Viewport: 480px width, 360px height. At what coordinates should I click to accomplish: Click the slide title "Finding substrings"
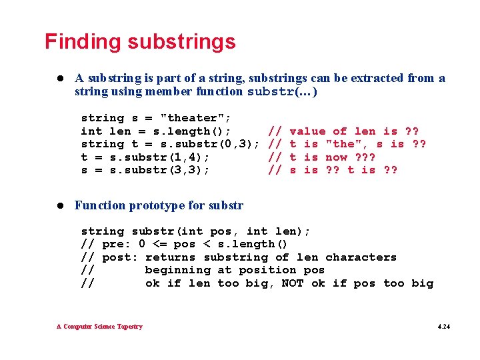(x=140, y=42)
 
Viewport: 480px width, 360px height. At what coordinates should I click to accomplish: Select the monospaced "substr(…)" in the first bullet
(x=282, y=92)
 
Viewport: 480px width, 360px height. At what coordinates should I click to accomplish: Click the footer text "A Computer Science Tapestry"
(x=99, y=327)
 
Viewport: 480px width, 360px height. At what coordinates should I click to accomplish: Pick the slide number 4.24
(x=443, y=327)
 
